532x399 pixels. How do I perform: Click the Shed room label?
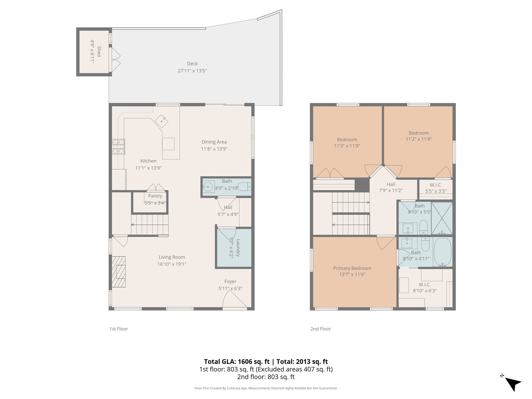pyautogui.click(x=99, y=51)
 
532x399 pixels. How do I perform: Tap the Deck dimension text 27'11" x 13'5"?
pyautogui.click(x=192, y=71)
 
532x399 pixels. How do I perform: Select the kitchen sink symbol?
pyautogui.click(x=162, y=121)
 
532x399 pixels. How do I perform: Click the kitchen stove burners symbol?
pyautogui.click(x=118, y=147)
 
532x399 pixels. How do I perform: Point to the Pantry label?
pyautogui.click(x=155, y=196)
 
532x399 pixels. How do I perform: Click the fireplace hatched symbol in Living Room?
pyautogui.click(x=119, y=272)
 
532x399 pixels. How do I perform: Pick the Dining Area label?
pyautogui.click(x=214, y=142)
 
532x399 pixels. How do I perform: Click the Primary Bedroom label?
pyautogui.click(x=352, y=268)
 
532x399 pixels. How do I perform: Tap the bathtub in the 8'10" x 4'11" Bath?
pyautogui.click(x=443, y=252)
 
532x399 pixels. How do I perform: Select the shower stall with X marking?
pyautogui.click(x=442, y=218)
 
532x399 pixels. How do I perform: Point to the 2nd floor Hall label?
pyautogui.click(x=391, y=184)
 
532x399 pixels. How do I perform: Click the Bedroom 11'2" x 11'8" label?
pyautogui.click(x=419, y=133)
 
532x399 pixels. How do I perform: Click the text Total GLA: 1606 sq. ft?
pyautogui.click(x=237, y=362)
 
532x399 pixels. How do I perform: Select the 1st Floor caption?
pyautogui.click(x=119, y=329)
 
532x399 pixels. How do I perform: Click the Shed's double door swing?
pyautogui.click(x=116, y=59)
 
